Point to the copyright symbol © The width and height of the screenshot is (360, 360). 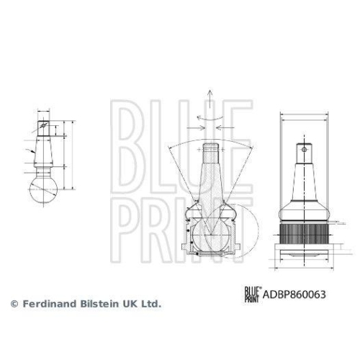pos(13,305)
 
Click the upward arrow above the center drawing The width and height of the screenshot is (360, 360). pos(209,96)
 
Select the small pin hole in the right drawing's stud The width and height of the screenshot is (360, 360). pos(304,152)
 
